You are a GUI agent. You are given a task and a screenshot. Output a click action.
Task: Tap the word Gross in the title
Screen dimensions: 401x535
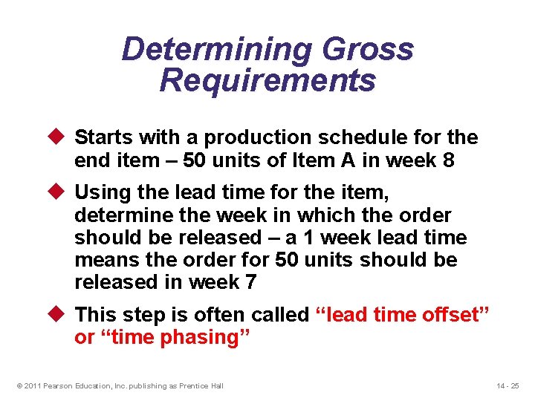pos(369,50)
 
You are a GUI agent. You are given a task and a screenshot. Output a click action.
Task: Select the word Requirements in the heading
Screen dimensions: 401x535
pos(267,80)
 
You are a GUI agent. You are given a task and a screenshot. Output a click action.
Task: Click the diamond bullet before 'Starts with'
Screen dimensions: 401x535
pos(62,137)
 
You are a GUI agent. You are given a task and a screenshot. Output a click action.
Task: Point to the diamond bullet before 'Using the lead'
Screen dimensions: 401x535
pos(62,193)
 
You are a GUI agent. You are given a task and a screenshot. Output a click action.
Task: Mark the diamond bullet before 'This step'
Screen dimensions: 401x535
pos(62,315)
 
